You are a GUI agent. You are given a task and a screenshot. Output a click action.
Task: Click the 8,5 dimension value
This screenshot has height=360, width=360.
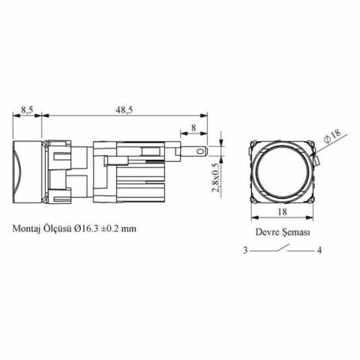(x=27, y=109)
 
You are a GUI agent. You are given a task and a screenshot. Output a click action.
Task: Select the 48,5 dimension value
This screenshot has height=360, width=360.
(x=124, y=109)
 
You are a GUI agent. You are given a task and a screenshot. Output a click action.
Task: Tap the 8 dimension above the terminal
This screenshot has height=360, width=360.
(x=193, y=127)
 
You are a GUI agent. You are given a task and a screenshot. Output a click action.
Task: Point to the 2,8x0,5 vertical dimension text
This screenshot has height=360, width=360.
(x=216, y=178)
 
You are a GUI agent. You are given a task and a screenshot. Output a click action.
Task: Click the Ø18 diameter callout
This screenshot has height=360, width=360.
(x=333, y=136)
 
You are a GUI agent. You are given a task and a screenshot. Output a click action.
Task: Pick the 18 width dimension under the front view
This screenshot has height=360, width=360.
(x=282, y=212)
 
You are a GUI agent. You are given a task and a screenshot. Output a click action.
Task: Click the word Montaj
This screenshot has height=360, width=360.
(x=26, y=229)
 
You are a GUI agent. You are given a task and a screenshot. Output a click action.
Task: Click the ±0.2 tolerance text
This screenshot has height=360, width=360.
(x=109, y=229)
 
